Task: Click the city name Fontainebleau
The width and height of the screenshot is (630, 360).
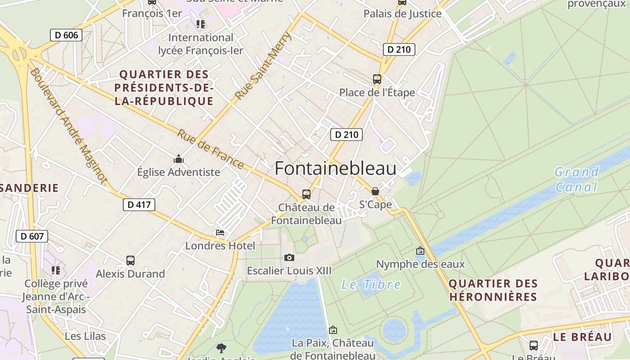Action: [335, 168]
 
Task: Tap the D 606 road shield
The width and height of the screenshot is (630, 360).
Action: [66, 35]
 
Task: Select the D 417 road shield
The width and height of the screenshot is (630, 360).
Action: [139, 205]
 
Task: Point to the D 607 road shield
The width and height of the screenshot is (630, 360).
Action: [31, 236]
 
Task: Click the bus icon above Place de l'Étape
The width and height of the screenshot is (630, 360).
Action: [377, 79]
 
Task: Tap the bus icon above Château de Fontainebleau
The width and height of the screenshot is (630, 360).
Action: [306, 194]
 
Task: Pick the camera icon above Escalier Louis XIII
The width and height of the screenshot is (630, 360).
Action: [289, 257]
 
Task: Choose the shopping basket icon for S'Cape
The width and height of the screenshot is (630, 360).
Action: [375, 191]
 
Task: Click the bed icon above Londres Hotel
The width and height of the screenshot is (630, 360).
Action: [220, 233]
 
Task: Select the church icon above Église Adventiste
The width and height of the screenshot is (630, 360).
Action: [179, 159]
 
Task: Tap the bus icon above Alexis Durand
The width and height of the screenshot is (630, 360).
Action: [130, 260]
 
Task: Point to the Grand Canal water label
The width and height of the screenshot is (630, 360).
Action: [576, 179]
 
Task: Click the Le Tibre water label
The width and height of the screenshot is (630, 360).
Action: [371, 284]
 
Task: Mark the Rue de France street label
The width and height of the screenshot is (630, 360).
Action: [210, 149]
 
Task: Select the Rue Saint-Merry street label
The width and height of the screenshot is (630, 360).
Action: [263, 66]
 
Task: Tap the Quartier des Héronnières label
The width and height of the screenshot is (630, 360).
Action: [493, 290]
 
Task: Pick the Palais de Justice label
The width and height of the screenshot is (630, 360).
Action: [402, 13]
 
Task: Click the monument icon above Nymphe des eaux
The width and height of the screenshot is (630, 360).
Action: [420, 251]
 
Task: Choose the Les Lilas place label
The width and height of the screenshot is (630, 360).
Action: [85, 336]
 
